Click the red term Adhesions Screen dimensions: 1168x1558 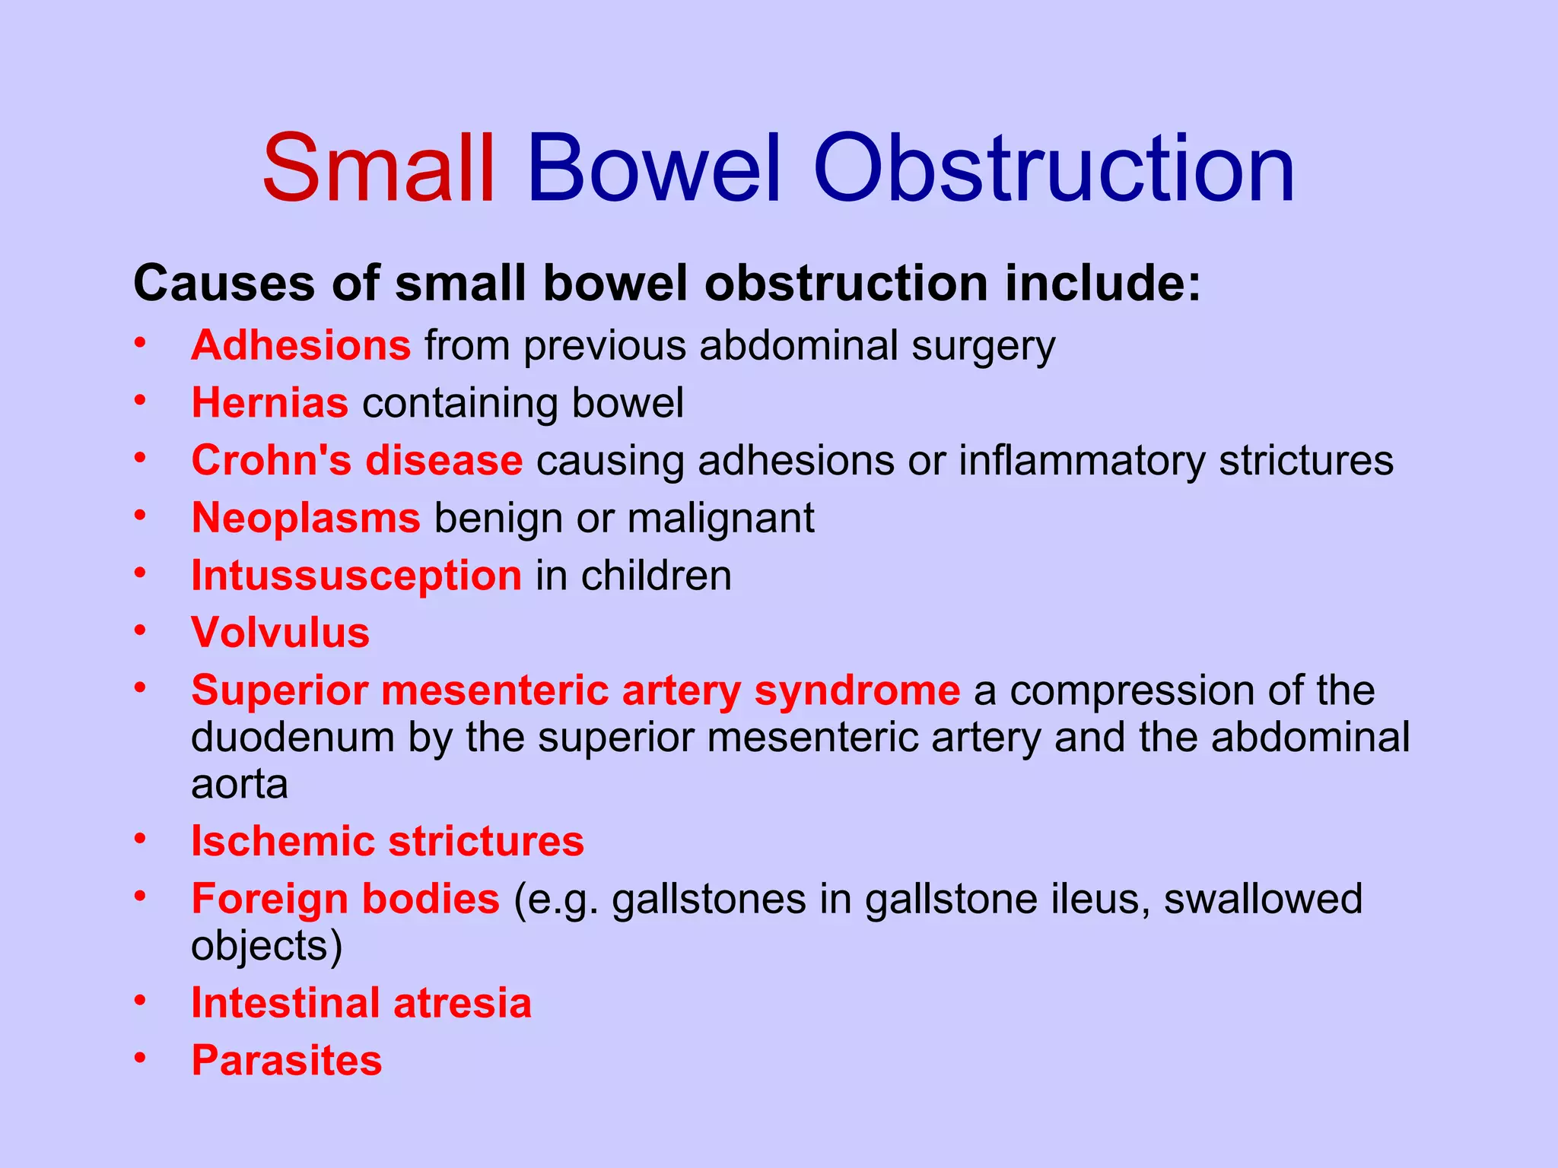pyautogui.click(x=301, y=345)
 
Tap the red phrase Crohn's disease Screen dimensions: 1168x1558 pyautogui.click(x=357, y=460)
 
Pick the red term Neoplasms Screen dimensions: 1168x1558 pyautogui.click(x=306, y=518)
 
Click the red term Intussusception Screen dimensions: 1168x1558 pyautogui.click(x=356, y=576)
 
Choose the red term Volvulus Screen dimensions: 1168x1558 pyautogui.click(x=281, y=633)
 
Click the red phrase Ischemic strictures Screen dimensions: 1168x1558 pyautogui.click(x=387, y=842)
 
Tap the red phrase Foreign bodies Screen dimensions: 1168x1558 pyautogui.click(x=345, y=899)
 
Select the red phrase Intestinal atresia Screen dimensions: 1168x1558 pyautogui.click(x=361, y=1003)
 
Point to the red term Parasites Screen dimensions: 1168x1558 pyautogui.click(x=287, y=1061)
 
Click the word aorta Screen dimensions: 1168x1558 pyautogui.click(x=240, y=785)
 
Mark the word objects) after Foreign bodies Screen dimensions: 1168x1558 pyautogui.click(x=267, y=947)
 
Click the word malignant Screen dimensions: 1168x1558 pyautogui.click(x=721, y=518)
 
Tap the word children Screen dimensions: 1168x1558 pyautogui.click(x=657, y=576)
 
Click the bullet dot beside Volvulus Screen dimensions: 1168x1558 pyautogui.click(x=139, y=630)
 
